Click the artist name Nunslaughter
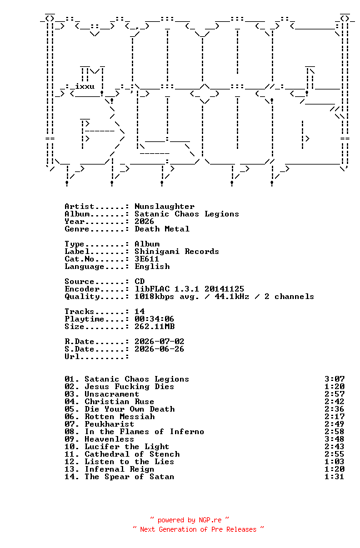(164, 206)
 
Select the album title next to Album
(187, 214)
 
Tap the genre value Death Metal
(162, 229)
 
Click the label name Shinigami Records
(177, 251)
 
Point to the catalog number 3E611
(147, 259)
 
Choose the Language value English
(152, 266)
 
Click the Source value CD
(139, 282)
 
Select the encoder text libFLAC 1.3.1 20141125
(189, 289)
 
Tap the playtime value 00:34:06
(154, 319)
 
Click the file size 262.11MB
(154, 327)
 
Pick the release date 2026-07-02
(159, 342)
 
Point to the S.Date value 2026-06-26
(159, 349)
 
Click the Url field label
(72, 357)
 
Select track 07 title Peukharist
(109, 424)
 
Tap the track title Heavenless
(109, 439)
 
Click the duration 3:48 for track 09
(334, 439)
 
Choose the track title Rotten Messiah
(119, 417)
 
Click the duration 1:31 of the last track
(334, 477)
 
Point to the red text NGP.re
(210, 520)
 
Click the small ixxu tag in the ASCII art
(85, 86)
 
